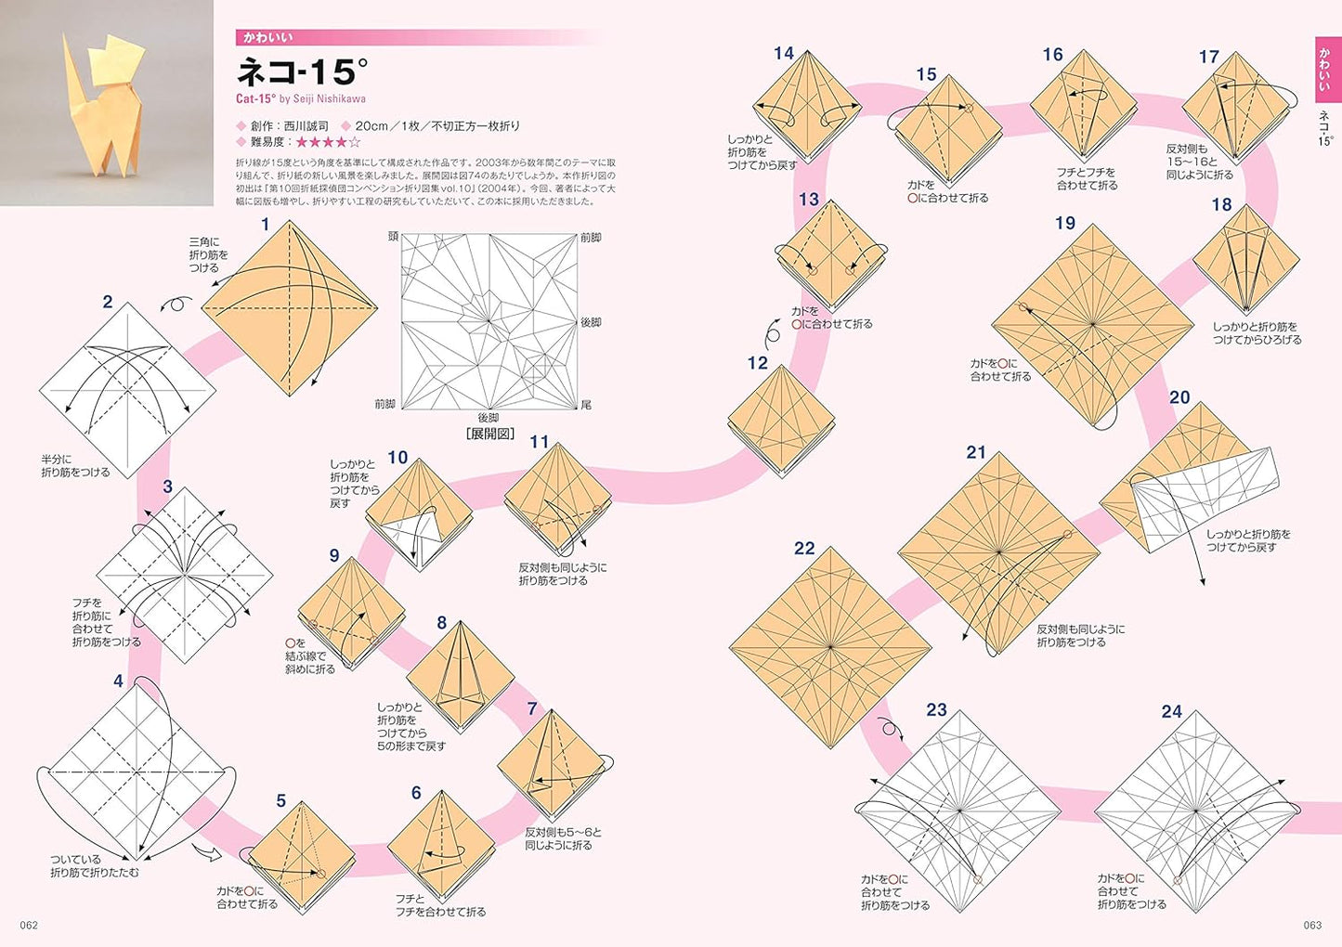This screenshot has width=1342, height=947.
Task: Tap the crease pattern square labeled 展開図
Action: (x=489, y=321)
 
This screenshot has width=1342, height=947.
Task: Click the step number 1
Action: (x=265, y=225)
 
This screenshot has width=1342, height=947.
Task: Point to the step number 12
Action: (x=758, y=363)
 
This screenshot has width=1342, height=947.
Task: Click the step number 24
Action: (x=1171, y=711)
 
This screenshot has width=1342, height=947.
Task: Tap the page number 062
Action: (x=29, y=925)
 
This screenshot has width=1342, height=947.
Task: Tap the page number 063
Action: (x=1311, y=925)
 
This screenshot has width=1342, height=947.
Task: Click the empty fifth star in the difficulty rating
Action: (x=354, y=142)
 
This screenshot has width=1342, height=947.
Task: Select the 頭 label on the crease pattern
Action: (x=393, y=238)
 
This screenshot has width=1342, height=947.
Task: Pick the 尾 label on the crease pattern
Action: (x=585, y=405)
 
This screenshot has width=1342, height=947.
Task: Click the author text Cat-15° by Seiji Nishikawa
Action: (x=300, y=98)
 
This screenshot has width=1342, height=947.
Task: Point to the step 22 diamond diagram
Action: (x=830, y=647)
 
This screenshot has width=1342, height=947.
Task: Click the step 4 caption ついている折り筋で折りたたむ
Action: (x=95, y=865)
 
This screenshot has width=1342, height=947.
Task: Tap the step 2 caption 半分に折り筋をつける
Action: (x=75, y=466)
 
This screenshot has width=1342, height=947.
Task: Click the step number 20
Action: (x=1179, y=397)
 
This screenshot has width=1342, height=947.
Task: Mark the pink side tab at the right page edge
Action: (x=1324, y=70)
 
